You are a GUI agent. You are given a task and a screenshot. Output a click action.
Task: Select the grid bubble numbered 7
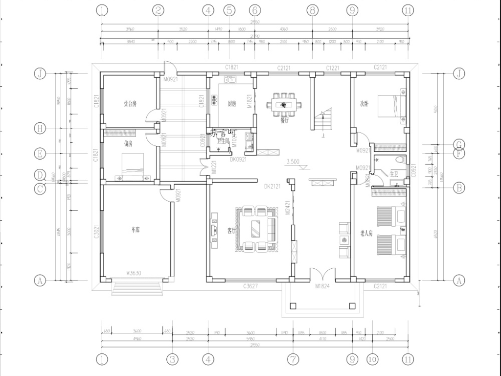coord(293,359)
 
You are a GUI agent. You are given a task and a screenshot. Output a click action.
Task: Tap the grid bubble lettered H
coord(40,128)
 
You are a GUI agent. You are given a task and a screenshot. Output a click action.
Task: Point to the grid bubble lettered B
coord(459,187)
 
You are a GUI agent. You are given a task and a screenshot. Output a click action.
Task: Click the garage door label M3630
coord(134,274)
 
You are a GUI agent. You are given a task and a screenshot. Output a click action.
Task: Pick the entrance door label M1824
coord(323,286)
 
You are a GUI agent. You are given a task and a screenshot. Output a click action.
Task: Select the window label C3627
coord(251,286)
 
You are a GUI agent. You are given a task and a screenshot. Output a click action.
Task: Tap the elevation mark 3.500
coord(293,161)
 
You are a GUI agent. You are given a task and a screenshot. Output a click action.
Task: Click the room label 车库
coord(135,230)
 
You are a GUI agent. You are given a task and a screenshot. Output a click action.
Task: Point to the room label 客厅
coord(231,230)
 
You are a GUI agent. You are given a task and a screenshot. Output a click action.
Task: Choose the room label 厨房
coord(232,104)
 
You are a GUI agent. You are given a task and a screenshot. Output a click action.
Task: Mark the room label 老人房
coord(367,234)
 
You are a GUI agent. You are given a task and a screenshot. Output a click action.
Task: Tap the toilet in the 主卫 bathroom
coord(401,160)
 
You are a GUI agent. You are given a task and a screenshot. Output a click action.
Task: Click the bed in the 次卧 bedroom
coord(392,105)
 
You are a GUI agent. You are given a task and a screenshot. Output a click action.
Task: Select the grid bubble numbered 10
coord(373,359)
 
